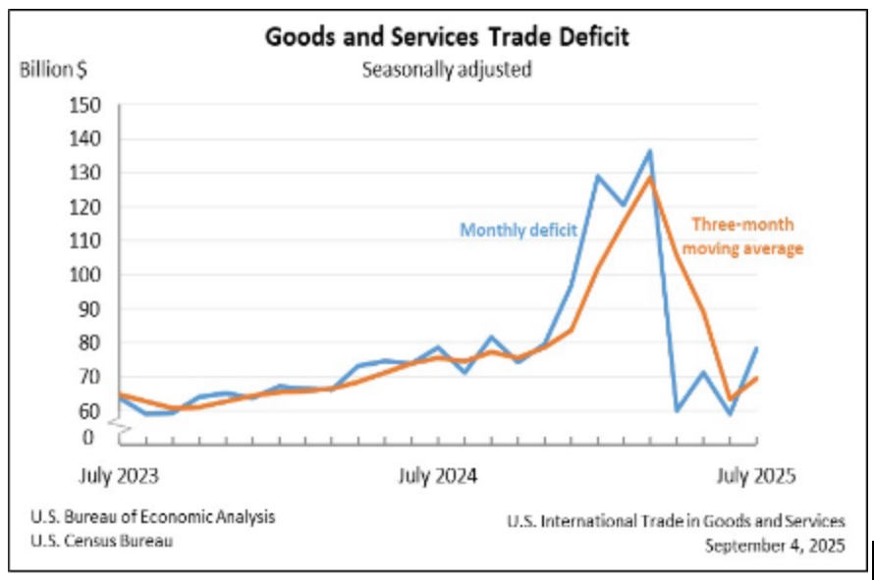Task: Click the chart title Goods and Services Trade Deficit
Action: (x=447, y=37)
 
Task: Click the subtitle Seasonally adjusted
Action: (x=447, y=70)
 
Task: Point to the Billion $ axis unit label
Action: (x=55, y=70)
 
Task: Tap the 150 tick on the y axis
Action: (x=84, y=105)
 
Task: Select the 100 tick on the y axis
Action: (x=84, y=275)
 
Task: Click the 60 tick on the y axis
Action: (x=88, y=410)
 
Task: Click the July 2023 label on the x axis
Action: (x=119, y=477)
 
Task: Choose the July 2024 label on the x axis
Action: (x=437, y=477)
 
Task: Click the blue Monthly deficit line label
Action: (x=519, y=231)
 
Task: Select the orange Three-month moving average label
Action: (x=743, y=237)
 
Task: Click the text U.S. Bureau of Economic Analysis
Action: (x=152, y=517)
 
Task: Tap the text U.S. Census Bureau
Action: (x=108, y=540)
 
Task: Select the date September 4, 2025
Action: (x=774, y=545)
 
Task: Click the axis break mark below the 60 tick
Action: (x=119, y=424)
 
